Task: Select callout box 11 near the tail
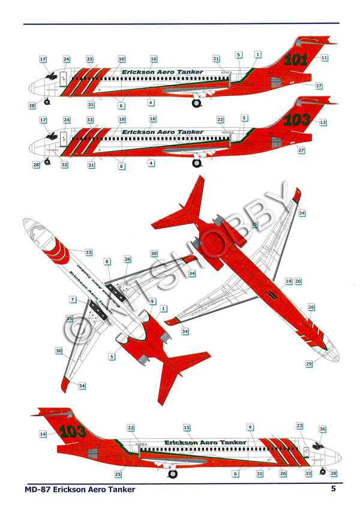(x=324, y=58)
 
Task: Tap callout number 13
(x=323, y=122)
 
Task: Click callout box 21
(x=216, y=58)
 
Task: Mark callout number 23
(x=300, y=425)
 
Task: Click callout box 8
(x=107, y=262)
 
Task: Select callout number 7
(x=73, y=299)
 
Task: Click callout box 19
(x=289, y=281)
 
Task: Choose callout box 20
(x=298, y=281)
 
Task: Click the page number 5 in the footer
(x=332, y=489)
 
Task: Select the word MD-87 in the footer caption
(x=37, y=490)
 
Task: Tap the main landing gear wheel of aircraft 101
(x=196, y=103)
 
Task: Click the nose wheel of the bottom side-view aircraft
(x=323, y=471)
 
